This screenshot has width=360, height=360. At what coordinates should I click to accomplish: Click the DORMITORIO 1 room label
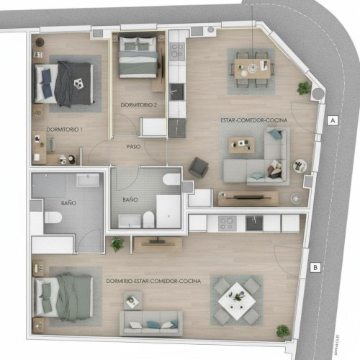[65, 129]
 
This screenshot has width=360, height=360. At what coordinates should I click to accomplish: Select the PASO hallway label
[133, 146]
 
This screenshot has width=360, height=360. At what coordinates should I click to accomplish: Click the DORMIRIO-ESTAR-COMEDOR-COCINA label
[153, 280]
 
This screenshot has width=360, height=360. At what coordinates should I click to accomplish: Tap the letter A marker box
[333, 120]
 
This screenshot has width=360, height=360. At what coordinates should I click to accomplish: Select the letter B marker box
[315, 268]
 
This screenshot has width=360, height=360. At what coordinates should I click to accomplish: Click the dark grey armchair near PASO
[198, 168]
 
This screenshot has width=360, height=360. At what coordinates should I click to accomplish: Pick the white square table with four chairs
[235, 295]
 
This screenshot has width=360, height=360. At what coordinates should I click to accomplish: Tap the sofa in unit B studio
[151, 322]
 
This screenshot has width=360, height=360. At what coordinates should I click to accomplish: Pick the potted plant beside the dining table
[305, 88]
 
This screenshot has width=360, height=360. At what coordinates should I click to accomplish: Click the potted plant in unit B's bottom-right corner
[283, 331]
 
